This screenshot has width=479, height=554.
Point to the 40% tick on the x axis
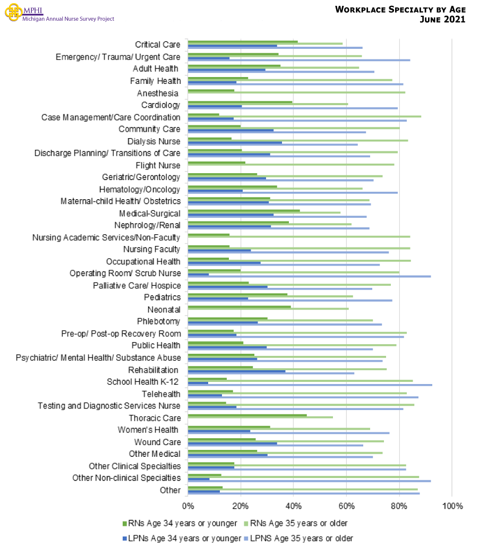click(293, 505)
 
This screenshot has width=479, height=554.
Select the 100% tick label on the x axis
click(451, 505)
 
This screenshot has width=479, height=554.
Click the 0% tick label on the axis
click(188, 505)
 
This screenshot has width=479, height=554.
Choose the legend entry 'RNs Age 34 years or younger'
click(179, 523)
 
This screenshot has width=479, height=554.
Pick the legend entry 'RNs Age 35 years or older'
click(298, 523)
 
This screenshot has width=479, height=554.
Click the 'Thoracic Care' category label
click(155, 418)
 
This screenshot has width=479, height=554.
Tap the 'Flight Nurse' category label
click(158, 165)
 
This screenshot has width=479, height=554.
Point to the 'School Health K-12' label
click(142, 381)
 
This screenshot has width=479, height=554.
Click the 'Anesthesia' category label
click(158, 93)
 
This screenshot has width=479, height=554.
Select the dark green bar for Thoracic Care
click(247, 415)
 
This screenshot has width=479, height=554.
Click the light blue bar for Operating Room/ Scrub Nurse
click(309, 276)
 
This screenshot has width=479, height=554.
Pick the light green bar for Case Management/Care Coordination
click(304, 116)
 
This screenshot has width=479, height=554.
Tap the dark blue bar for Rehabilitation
click(236, 371)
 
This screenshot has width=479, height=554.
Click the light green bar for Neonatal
click(268, 309)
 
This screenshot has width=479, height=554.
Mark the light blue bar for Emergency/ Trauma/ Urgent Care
click(299, 60)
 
